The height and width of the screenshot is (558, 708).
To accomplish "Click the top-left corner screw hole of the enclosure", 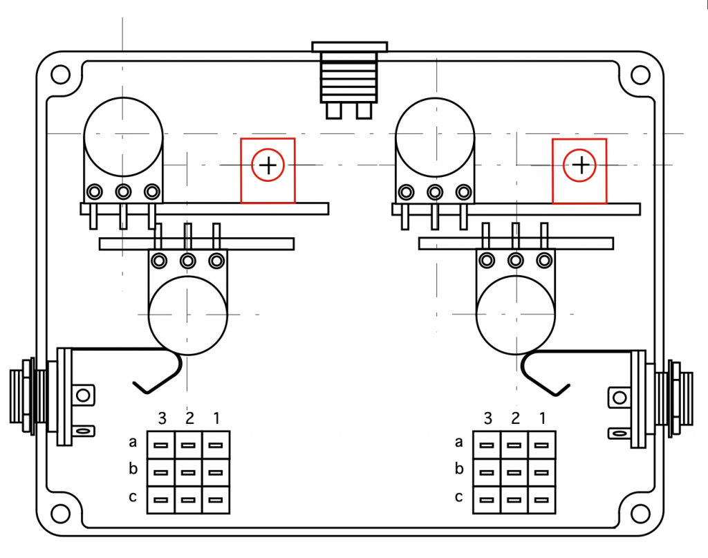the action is [x=61, y=75].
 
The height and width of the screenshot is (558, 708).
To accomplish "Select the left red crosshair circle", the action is [x=268, y=165].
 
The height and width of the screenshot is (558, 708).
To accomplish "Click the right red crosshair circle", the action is [x=579, y=166].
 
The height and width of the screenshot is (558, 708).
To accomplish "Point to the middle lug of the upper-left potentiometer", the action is [x=123, y=192].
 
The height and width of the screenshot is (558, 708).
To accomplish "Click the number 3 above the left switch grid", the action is [x=162, y=418].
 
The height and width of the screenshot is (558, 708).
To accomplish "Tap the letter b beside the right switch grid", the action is [x=459, y=469].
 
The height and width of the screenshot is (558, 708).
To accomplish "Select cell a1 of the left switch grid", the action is [x=216, y=445].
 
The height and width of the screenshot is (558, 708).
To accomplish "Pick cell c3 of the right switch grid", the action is [x=486, y=500].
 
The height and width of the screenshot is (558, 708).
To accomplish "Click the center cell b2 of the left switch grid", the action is [x=188, y=473].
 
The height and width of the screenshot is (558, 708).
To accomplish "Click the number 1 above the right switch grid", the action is [x=543, y=418].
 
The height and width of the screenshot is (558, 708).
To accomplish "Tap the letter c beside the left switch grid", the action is [x=133, y=496].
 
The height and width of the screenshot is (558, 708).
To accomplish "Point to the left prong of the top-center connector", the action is [x=334, y=111].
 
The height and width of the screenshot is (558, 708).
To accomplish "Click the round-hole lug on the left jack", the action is [x=83, y=396].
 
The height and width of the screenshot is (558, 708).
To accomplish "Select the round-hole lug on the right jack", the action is [x=620, y=398].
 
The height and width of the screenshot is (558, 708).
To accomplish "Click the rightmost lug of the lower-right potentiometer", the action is [x=544, y=261].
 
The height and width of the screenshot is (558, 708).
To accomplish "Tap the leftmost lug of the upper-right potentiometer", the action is [x=406, y=192].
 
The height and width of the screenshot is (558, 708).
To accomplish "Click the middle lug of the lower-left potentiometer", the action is [x=188, y=261].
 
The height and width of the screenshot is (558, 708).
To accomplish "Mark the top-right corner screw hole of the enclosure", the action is [x=640, y=75].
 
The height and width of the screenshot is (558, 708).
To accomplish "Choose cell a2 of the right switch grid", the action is [x=514, y=445].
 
